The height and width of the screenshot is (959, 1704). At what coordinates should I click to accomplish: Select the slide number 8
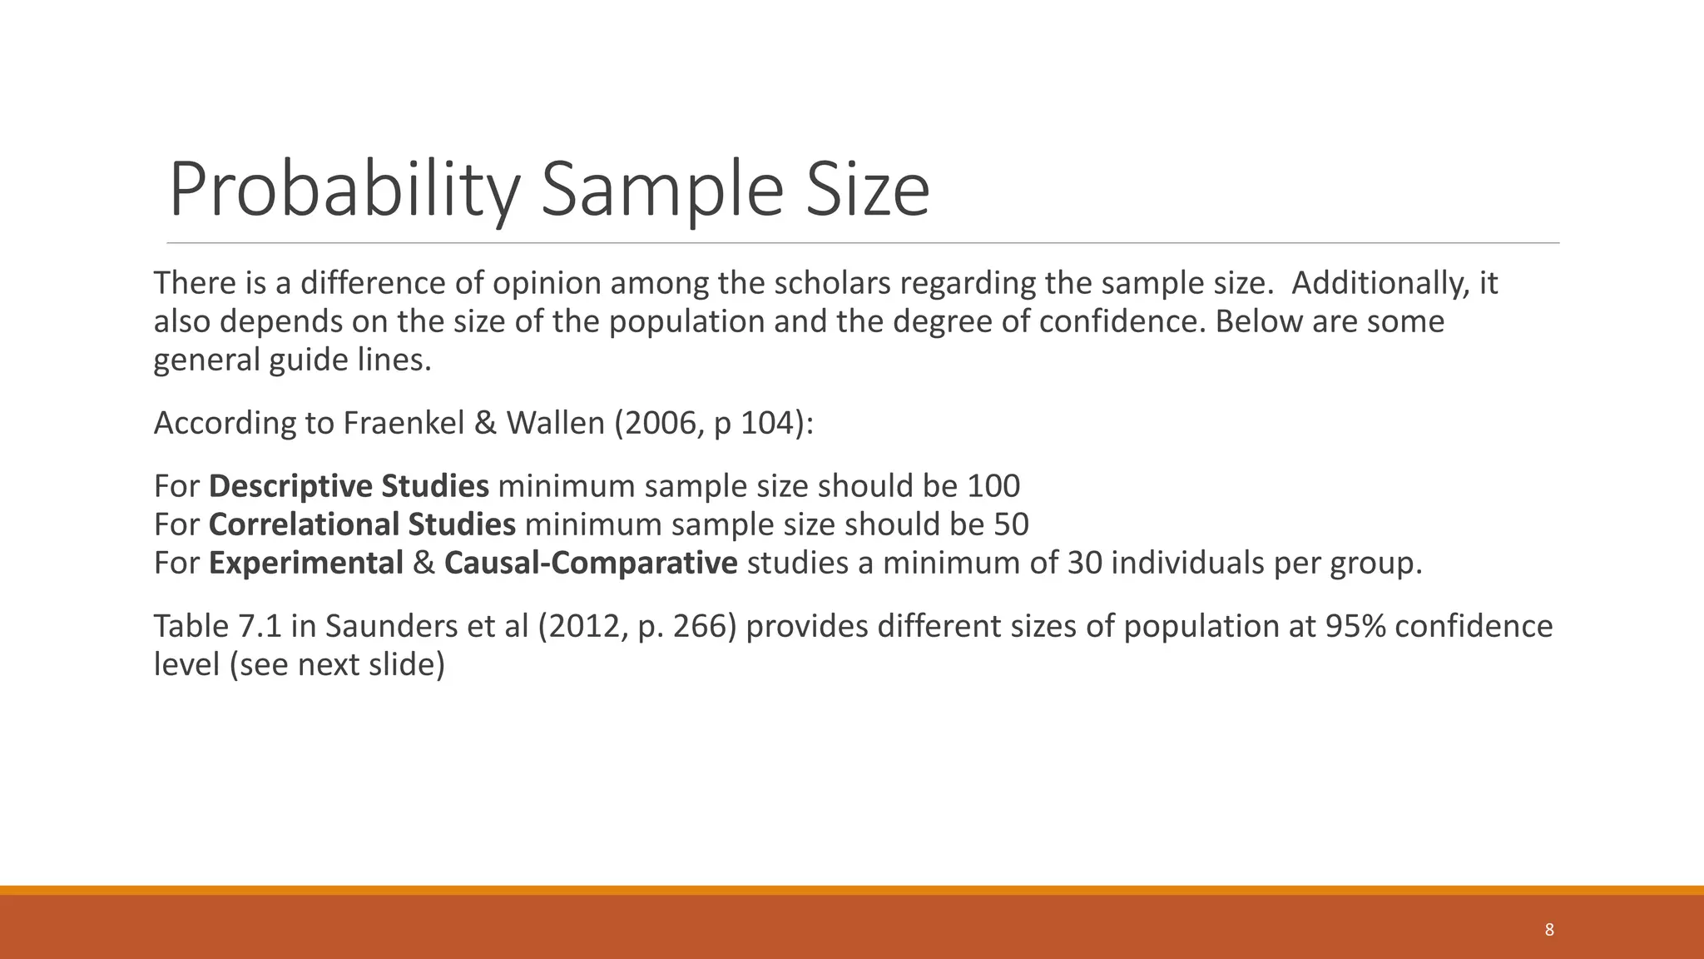pyautogui.click(x=1549, y=930)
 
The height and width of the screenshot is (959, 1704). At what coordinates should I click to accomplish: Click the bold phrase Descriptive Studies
pyautogui.click(x=349, y=485)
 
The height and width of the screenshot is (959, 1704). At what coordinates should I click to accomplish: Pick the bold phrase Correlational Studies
pyautogui.click(x=362, y=524)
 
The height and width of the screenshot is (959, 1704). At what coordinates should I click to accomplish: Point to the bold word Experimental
pyautogui.click(x=306, y=563)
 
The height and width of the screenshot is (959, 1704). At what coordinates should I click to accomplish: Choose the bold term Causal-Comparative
pyautogui.click(x=591, y=563)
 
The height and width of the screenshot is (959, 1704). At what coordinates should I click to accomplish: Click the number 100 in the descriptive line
pyautogui.click(x=993, y=485)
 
